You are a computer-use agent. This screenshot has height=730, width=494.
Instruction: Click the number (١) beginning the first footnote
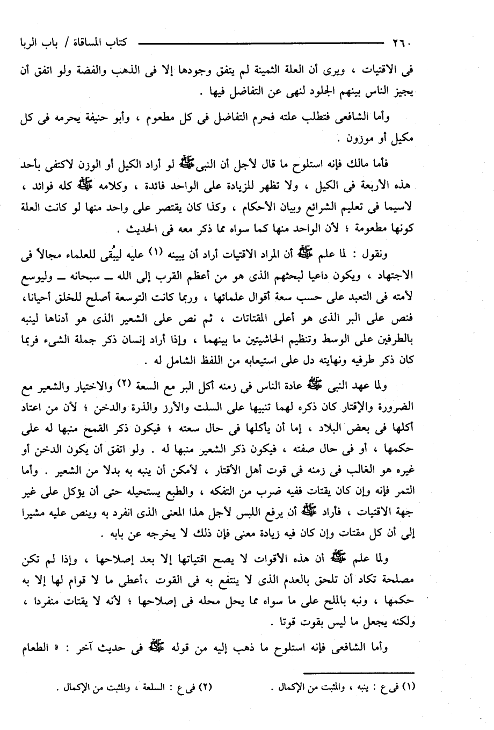[411, 686]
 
